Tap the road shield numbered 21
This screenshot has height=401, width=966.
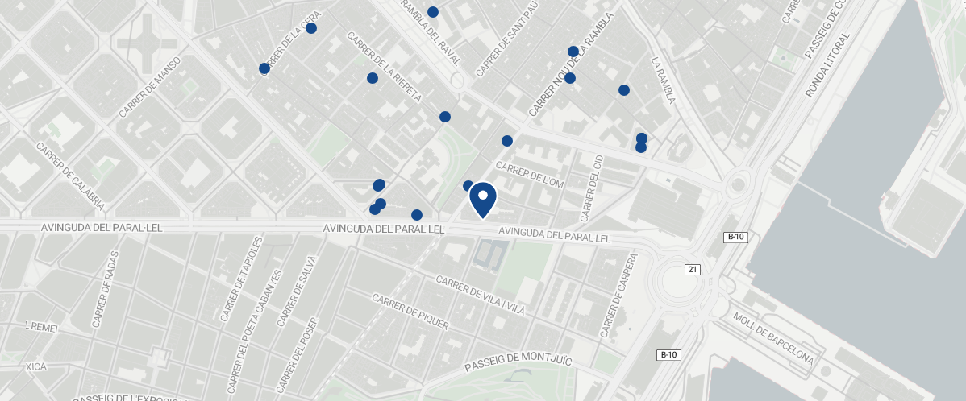coord(692,269)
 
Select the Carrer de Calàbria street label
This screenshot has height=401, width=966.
coord(70,176)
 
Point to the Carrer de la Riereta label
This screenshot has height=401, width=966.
coord(384,67)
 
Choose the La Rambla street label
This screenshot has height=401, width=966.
coord(662,80)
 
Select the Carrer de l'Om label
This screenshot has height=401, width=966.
coord(529,176)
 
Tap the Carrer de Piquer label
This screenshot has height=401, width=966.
coord(409,311)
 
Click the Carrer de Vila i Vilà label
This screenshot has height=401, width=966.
coord(480,295)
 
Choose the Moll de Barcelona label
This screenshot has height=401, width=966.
coord(772,337)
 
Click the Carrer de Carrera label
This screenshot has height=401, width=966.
coord(618,296)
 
